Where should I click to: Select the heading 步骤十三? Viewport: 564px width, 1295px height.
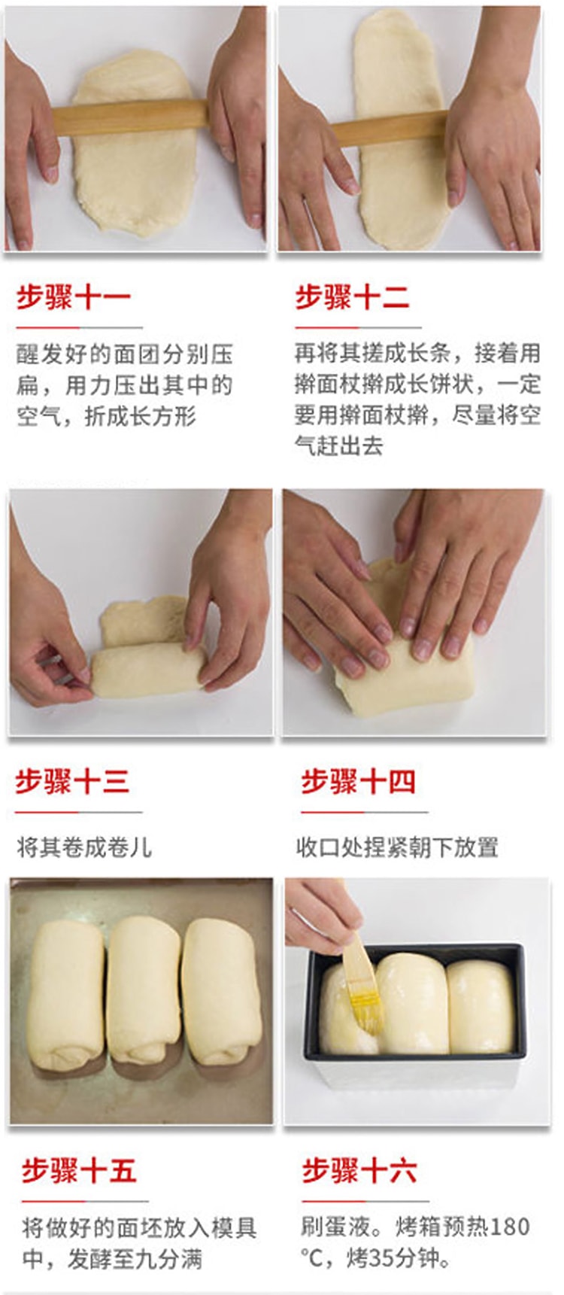pyautogui.click(x=73, y=782)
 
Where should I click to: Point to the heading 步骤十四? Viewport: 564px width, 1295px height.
pyautogui.click(x=358, y=782)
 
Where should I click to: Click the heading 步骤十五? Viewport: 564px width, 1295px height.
pyautogui.click(x=79, y=1171)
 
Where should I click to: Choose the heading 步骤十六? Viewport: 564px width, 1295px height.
pyautogui.click(x=359, y=1171)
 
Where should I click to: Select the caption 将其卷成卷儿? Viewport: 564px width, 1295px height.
pyautogui.click(x=84, y=848)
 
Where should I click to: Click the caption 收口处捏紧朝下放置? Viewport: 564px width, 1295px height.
pyautogui.click(x=397, y=848)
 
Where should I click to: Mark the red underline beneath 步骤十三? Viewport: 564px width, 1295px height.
pyautogui.click(x=78, y=812)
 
